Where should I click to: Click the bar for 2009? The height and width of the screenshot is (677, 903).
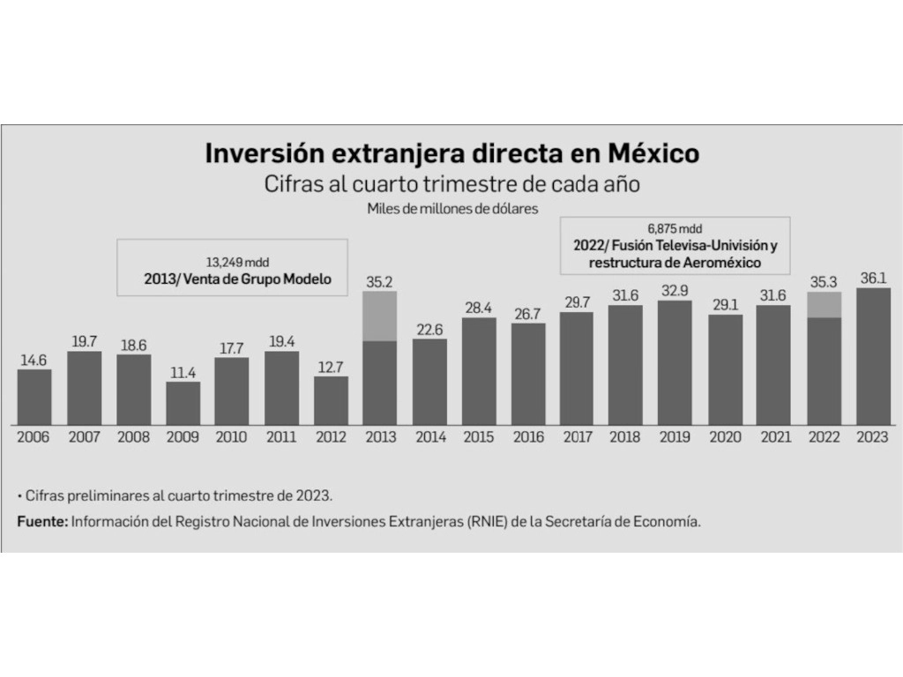tap(183, 403)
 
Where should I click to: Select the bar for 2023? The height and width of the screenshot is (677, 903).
tap(873, 356)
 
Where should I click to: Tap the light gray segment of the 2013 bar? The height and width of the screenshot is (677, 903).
tap(380, 316)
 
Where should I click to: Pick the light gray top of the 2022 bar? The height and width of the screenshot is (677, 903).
tap(825, 304)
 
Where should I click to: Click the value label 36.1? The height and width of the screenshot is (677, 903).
tap(873, 278)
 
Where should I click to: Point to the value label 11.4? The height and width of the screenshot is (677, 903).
tap(183, 373)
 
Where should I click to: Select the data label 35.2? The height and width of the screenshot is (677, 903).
tap(379, 282)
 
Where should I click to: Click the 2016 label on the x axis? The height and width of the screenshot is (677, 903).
tap(529, 437)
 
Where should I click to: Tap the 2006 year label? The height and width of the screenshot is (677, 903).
tap(34, 437)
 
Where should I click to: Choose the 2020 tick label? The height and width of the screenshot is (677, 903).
tap(725, 437)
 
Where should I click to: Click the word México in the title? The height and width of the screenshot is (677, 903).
tap(653, 153)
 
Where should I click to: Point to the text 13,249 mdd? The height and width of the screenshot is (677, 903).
tap(237, 263)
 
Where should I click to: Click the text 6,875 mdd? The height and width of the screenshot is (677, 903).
tap(675, 228)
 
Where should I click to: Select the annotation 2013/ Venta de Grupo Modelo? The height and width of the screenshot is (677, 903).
tap(237, 279)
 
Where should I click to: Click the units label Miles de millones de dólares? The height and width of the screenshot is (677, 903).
tap(452, 208)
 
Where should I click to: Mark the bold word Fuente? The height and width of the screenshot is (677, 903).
tap(42, 522)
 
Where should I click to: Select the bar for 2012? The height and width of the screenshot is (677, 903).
tap(331, 401)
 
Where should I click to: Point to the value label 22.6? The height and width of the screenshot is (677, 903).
tap(429, 330)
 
